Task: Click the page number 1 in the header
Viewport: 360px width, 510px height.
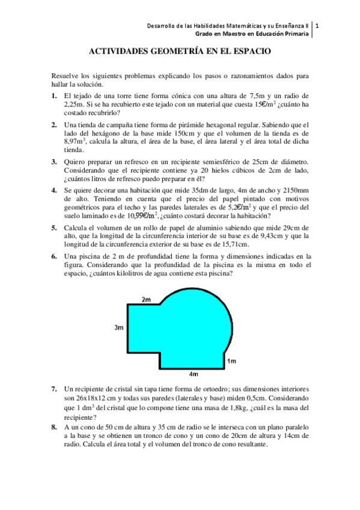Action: (317, 26)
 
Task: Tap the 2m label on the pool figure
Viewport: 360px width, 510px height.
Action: (146, 299)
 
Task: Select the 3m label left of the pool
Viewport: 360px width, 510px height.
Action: (119, 328)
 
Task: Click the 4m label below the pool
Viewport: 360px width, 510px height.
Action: (194, 374)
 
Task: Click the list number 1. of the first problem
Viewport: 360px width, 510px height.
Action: (54, 96)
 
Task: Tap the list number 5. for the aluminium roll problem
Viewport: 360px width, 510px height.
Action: (54, 227)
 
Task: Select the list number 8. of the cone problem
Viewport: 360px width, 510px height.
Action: (54, 426)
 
